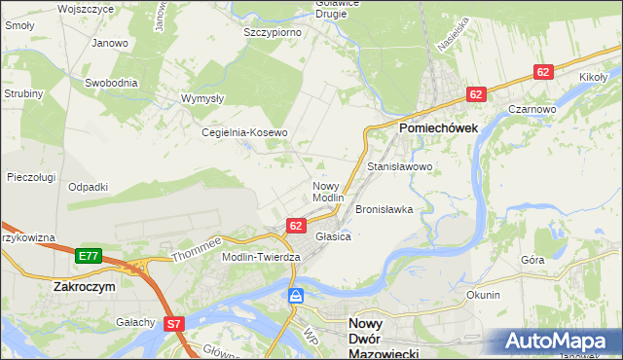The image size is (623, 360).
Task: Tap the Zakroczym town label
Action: pyautogui.click(x=85, y=288)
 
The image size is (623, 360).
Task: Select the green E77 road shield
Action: pyautogui.click(x=89, y=256)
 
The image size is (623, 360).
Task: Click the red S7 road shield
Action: pyautogui.click(x=174, y=323)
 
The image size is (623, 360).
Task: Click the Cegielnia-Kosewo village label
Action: pyautogui.click(x=244, y=132)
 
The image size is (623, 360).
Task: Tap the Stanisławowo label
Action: pyautogui.click(x=399, y=167)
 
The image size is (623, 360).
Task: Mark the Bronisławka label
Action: pyautogui.click(x=385, y=209)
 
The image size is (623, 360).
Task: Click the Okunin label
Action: pyautogui.click(x=483, y=295)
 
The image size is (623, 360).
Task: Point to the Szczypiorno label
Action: pyautogui.click(x=272, y=32)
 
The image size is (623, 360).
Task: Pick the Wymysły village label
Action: pyautogui.click(x=203, y=98)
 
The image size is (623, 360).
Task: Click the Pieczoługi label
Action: pyautogui.click(x=30, y=177)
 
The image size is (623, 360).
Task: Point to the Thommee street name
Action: pyautogui.click(x=198, y=249)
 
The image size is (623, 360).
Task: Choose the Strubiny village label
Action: pyautogui.click(x=22, y=93)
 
